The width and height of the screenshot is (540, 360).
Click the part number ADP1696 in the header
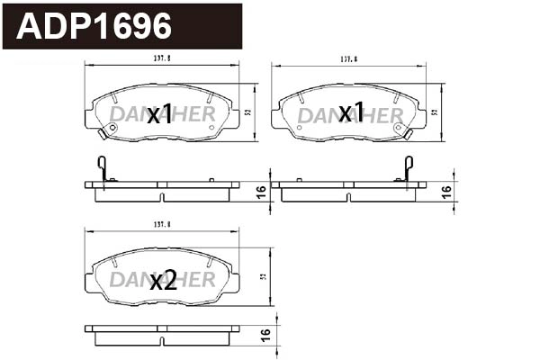(94, 26)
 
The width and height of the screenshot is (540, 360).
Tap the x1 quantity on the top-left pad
(159, 114)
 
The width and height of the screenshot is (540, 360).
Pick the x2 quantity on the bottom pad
(163, 280)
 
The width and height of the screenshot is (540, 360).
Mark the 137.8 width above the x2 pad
(162, 230)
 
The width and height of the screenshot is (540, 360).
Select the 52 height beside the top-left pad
(247, 113)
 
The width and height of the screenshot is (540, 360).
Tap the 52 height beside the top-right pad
(435, 112)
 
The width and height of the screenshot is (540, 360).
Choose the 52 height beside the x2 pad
(261, 276)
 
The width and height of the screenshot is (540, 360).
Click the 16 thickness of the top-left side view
(260, 191)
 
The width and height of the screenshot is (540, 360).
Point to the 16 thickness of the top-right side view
(447, 191)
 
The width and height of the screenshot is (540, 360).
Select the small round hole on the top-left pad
(112, 128)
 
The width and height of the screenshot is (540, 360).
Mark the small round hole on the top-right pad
(400, 127)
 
